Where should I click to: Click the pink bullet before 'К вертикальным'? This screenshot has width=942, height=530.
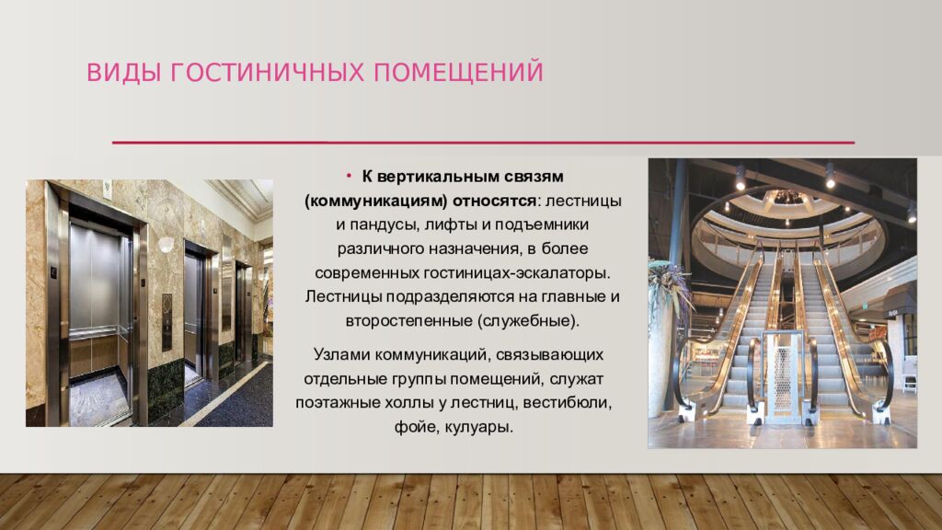pos(350,175)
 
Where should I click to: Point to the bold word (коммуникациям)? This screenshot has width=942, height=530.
pos(376,200)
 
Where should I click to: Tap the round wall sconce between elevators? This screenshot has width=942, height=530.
pos(167,245)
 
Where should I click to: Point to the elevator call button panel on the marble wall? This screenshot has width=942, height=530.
pos(167,322)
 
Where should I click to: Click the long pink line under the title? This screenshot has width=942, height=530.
pos(483,143)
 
